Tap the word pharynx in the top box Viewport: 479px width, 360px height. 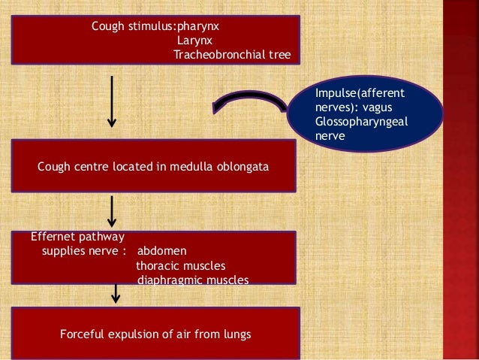pos(197,27)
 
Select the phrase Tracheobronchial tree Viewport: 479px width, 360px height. pos(226,55)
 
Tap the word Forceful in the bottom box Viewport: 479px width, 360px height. pos(83,333)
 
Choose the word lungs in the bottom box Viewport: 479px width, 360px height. pos(237,333)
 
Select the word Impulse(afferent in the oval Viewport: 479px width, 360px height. pos(360,94)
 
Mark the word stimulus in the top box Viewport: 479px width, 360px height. pos(148,27)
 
